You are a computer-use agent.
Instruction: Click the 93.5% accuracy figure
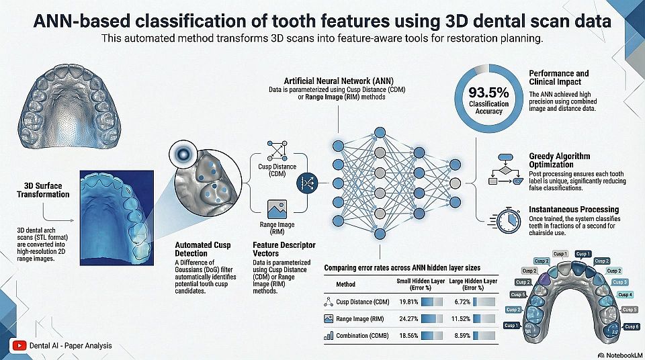[488, 93]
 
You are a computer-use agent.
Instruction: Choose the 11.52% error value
[463, 318]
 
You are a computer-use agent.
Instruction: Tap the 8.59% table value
[463, 335]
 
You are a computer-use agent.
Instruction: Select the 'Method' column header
[345, 284]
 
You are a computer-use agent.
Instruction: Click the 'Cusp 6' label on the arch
[632, 326]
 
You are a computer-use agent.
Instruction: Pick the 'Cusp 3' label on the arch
[620, 282]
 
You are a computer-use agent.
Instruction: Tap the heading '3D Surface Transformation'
[43, 190]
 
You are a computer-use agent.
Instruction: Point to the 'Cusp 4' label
[625, 295]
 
